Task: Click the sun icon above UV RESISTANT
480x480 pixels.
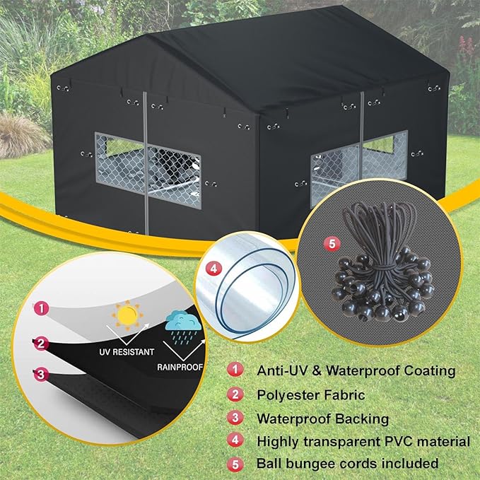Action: pos(127,314)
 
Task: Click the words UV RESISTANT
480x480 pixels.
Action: pos(127,350)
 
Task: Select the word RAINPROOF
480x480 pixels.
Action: pos(181,367)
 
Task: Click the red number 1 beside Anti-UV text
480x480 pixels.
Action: pos(234,370)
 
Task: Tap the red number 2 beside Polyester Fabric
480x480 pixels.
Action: pos(234,394)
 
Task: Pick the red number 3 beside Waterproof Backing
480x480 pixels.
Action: pos(234,418)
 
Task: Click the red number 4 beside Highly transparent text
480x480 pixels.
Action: pos(234,442)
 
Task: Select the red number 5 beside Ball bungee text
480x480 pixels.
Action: pos(234,464)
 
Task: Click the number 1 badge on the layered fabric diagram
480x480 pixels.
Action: pos(42,308)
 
